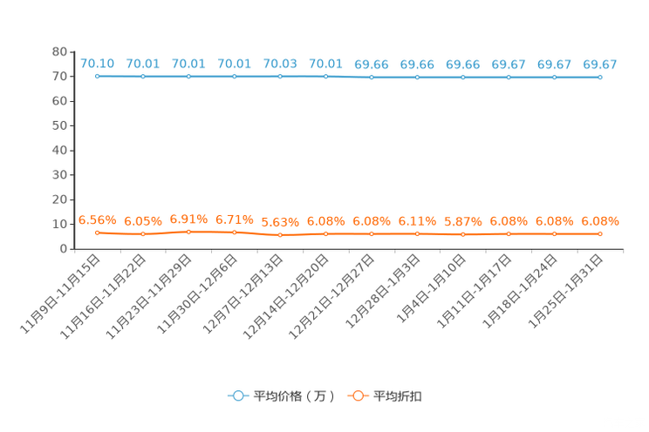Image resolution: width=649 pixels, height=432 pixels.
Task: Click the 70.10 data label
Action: [98, 64]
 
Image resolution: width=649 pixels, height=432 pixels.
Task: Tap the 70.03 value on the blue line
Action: [280, 64]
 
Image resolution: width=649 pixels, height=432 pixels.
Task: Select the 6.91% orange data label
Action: [188, 219]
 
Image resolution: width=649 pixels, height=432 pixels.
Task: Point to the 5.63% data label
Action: [280, 222]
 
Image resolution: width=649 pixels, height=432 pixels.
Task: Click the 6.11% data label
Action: [417, 221]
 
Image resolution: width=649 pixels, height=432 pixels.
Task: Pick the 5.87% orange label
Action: [463, 222]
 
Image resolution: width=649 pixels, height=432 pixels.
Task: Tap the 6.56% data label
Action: [98, 220]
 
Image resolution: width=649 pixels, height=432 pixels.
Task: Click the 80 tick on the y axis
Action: [59, 51]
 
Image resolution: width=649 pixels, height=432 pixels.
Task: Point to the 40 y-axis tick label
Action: [59, 151]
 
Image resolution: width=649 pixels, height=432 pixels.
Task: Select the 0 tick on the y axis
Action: [64, 249]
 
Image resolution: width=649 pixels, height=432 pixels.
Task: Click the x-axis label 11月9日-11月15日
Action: [60, 294]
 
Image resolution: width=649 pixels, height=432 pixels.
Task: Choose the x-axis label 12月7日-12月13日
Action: [243, 294]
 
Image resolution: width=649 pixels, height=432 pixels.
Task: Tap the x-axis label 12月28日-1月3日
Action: [383, 292]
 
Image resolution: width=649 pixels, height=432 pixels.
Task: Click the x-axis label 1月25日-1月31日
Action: [566, 292]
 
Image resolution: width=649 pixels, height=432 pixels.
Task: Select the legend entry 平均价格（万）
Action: [282, 396]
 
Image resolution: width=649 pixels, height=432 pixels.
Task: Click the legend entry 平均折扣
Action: [385, 396]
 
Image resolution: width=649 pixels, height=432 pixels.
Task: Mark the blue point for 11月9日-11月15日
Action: [98, 76]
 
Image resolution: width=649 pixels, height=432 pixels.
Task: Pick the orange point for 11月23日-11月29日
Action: [188, 232]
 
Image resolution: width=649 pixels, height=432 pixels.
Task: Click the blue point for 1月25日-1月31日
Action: [600, 78]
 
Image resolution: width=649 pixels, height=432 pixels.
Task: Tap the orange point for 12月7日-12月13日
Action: [280, 235]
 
